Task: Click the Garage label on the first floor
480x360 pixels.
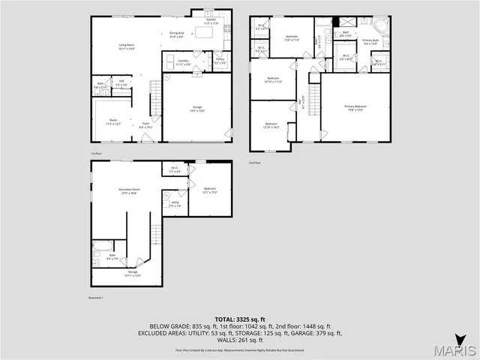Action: pos(197,109)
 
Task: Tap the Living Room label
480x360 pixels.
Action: pos(126,47)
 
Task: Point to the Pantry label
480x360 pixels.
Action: pos(220,62)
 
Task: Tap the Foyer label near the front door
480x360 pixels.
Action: pos(146,127)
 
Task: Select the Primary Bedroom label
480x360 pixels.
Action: pos(355,108)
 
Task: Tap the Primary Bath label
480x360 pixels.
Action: pos(370,41)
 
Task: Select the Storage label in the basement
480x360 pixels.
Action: pos(132,273)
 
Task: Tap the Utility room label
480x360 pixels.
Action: pos(175,203)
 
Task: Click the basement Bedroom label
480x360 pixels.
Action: pos(209,190)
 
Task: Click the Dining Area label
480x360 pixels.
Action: pos(176,34)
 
